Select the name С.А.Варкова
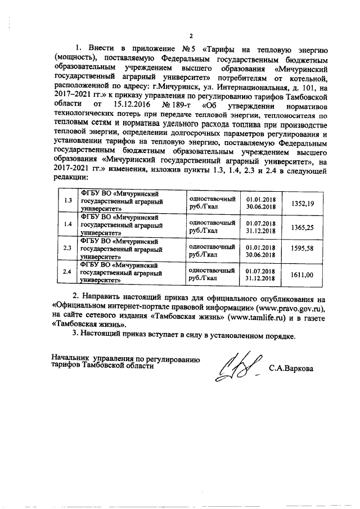coord(292,370)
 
